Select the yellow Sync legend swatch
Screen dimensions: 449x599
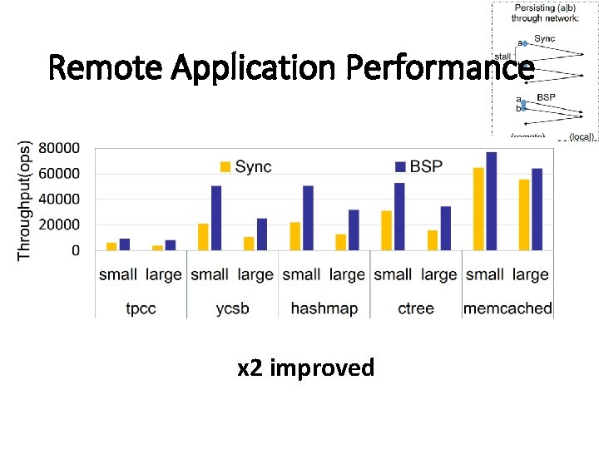pos(225,166)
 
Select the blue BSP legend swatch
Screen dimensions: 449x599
pos(400,166)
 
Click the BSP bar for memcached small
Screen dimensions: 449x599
pos(491,200)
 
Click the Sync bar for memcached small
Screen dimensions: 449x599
pos(478,209)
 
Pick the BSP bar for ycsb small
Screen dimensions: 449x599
pos(216,217)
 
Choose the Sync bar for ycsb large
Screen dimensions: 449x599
pos(248,243)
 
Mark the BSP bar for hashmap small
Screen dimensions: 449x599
pos(308,217)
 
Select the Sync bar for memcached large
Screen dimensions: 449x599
pos(524,215)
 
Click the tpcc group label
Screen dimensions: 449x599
pos(141,308)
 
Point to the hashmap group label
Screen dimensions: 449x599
pos(324,308)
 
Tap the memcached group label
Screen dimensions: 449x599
pos(507,308)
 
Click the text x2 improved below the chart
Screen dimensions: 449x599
pos(305,368)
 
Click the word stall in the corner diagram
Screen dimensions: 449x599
pos(502,57)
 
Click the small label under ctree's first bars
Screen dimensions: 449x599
pos(393,274)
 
